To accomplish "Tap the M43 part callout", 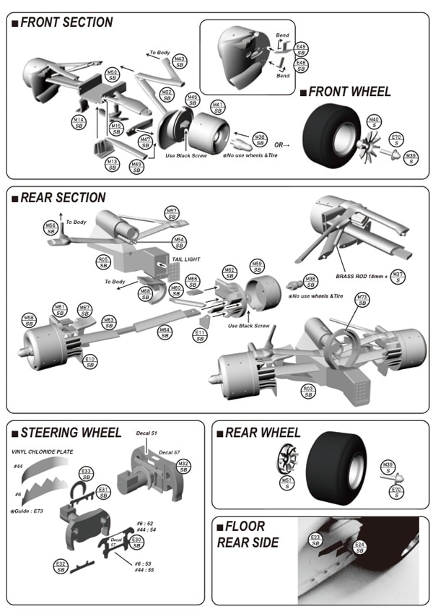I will (180, 61).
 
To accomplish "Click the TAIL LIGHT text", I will (185, 259).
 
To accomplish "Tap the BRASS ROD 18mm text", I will (361, 276).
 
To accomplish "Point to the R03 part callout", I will (308, 391).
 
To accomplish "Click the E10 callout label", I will (90, 361).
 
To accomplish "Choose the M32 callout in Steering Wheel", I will (183, 466).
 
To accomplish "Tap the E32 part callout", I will (61, 566).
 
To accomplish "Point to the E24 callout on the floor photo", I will (359, 547).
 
